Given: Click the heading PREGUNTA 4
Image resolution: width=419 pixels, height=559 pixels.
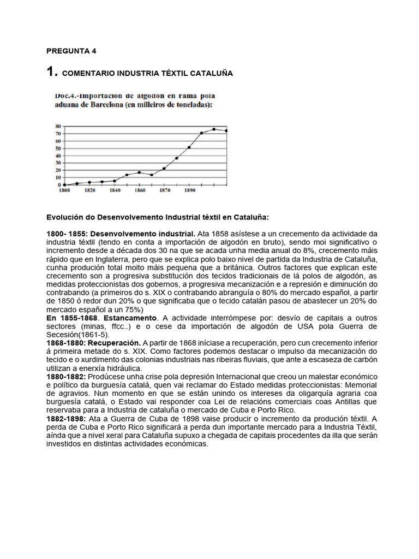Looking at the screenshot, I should pos(71,51).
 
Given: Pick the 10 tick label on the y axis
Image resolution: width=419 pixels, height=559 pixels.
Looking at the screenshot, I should pos(57,177).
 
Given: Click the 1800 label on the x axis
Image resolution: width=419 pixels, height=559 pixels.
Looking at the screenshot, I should pos(64,191).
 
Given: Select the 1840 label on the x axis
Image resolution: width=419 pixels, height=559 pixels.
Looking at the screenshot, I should pos(115,191).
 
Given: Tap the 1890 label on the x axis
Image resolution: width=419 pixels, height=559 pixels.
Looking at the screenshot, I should pos(189,191).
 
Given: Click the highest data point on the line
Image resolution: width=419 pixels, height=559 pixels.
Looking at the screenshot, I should pos(214,129).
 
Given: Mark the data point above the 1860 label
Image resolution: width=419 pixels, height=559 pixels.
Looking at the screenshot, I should pos(139,173).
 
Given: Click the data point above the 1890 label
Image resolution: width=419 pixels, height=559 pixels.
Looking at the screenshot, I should pos(189,147).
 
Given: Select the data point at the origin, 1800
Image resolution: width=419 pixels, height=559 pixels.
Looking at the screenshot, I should pos(65,185).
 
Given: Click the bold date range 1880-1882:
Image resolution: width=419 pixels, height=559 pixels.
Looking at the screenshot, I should pos(66,377).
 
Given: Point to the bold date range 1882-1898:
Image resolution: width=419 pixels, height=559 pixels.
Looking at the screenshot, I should pos(66,419).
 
